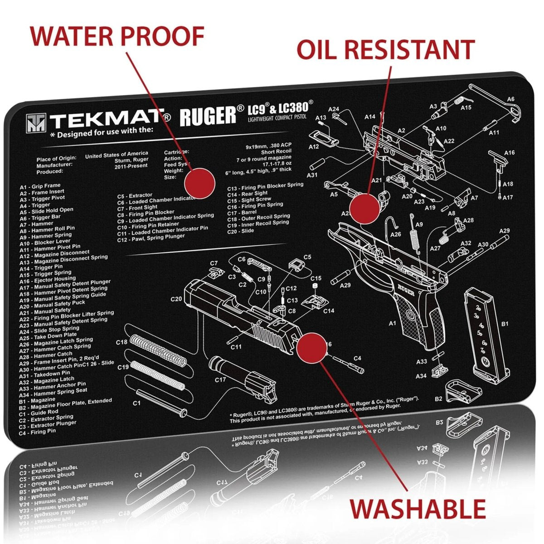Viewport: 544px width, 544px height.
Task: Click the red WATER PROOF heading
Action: pyautogui.click(x=117, y=36)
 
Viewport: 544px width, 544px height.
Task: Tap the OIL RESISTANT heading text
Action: pyautogui.click(x=385, y=49)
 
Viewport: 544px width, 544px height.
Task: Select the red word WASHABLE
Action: pyautogui.click(x=418, y=508)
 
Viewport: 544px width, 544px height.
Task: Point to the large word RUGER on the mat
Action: pyautogui.click(x=208, y=116)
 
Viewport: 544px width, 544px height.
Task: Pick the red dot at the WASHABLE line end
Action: pyautogui.click(x=311, y=347)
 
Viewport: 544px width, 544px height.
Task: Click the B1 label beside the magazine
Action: pyautogui.click(x=504, y=324)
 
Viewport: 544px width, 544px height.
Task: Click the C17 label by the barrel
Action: pyautogui.click(x=220, y=379)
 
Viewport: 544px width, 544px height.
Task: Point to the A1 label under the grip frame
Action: pyautogui.click(x=393, y=323)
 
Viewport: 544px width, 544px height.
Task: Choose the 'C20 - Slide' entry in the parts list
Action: pyautogui.click(x=241, y=231)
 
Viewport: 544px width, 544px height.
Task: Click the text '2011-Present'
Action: pyautogui.click(x=131, y=166)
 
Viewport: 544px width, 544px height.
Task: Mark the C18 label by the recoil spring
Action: pyautogui.click(x=121, y=342)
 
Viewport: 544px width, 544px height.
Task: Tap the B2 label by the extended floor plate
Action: pyautogui.click(x=438, y=399)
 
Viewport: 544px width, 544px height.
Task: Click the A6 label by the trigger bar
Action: pyautogui.click(x=510, y=99)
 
